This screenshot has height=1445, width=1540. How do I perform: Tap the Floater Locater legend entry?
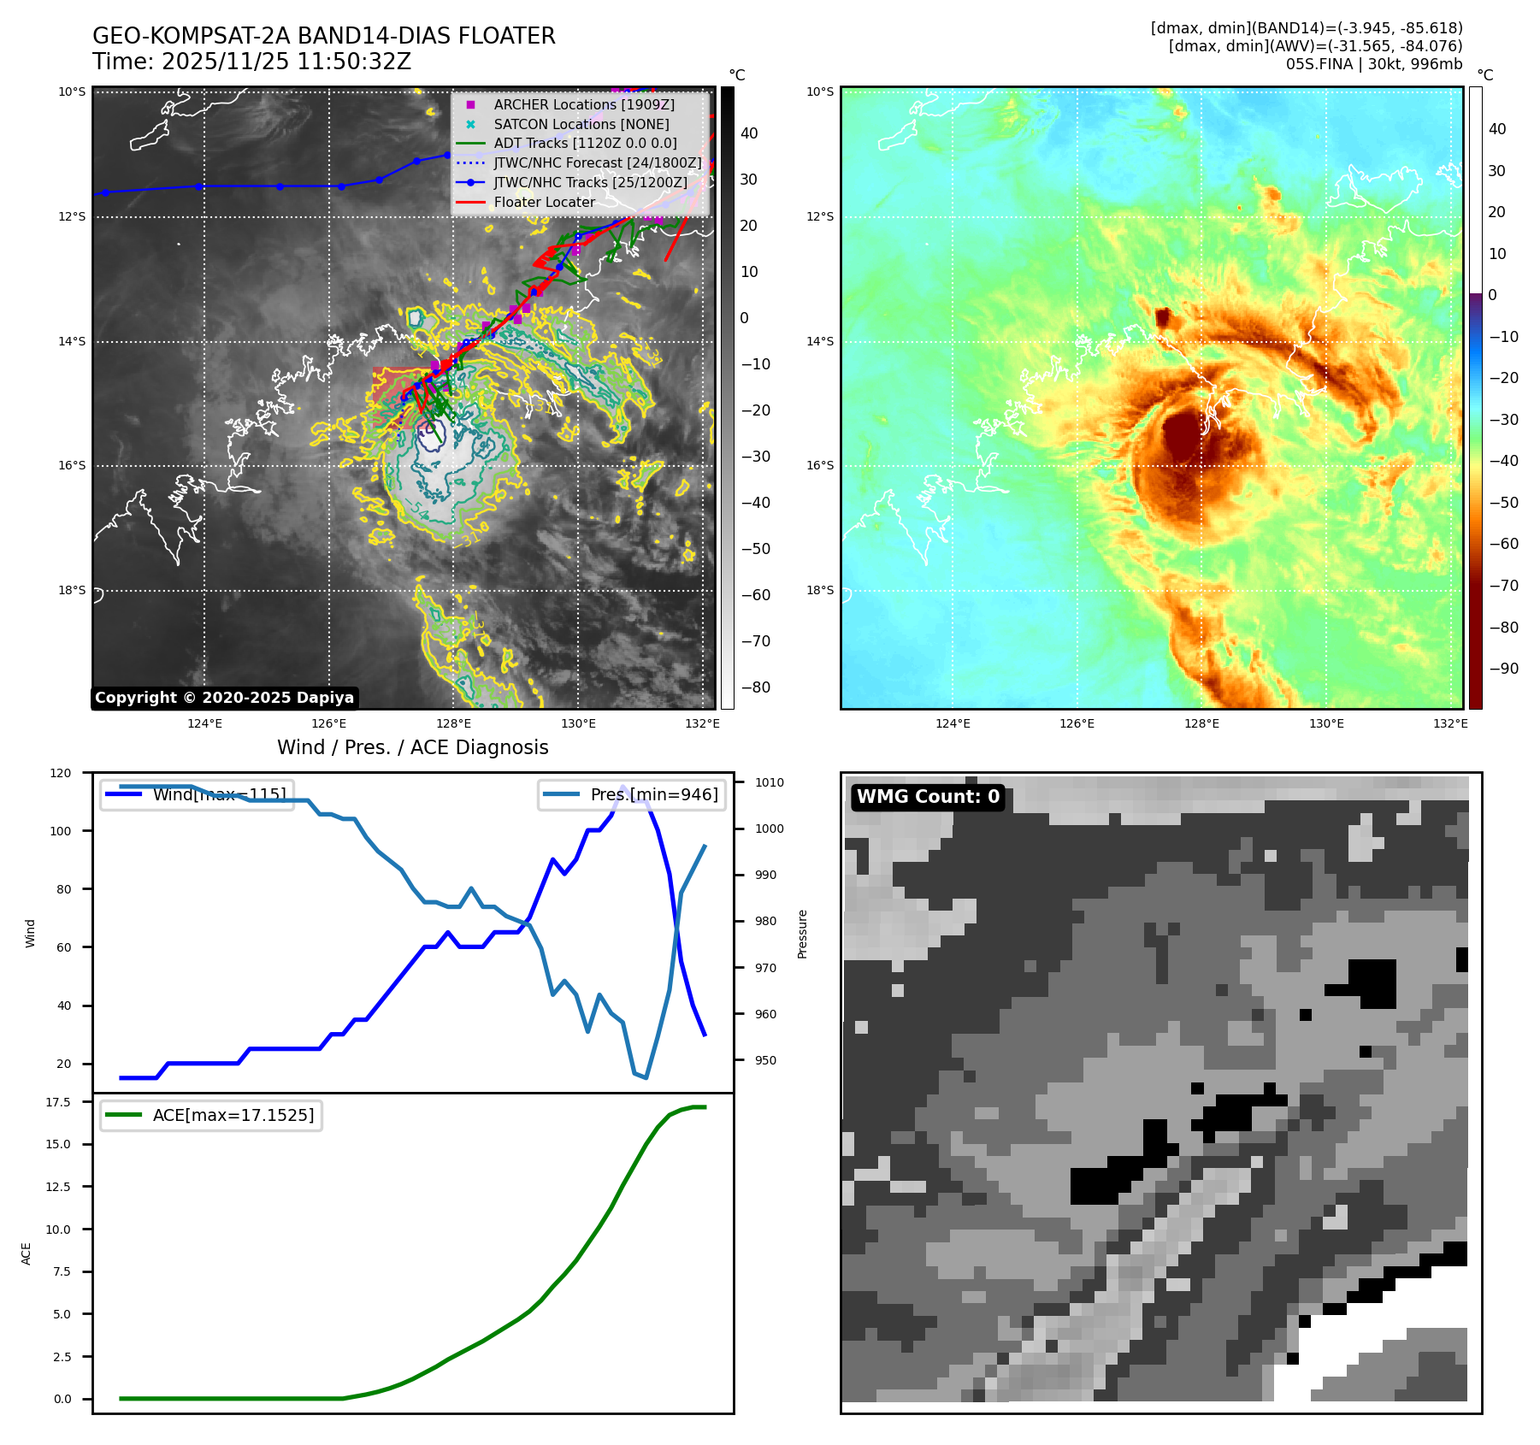pos(544,202)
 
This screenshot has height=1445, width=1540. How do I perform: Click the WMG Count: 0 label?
pos(928,797)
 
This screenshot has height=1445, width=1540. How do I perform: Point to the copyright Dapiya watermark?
pos(224,698)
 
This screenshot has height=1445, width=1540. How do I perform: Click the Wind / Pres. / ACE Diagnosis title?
pos(412,747)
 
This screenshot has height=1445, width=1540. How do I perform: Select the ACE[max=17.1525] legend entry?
pos(233,1115)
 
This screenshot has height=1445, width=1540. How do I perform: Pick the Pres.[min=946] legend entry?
pos(653,794)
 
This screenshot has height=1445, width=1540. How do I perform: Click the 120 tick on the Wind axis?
pos(61,773)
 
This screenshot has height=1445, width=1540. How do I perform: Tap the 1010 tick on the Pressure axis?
pos(769,782)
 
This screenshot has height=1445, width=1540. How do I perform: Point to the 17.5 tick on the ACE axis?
pos(58,1102)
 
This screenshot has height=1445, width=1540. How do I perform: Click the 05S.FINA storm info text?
pos(1373,64)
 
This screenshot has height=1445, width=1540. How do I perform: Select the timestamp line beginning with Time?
pos(252,62)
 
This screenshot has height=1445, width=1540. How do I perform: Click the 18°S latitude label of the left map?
pos(72,590)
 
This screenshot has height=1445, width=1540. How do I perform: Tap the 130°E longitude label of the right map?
pos(1326,723)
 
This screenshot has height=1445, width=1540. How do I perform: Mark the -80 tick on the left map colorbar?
pos(755,687)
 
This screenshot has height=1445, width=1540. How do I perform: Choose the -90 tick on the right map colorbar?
pos(1503,669)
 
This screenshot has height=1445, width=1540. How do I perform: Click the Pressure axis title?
pos(802,934)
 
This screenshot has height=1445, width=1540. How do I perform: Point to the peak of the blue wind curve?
pos(622,787)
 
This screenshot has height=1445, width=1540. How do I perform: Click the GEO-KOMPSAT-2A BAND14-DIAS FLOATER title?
pos(323,36)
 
